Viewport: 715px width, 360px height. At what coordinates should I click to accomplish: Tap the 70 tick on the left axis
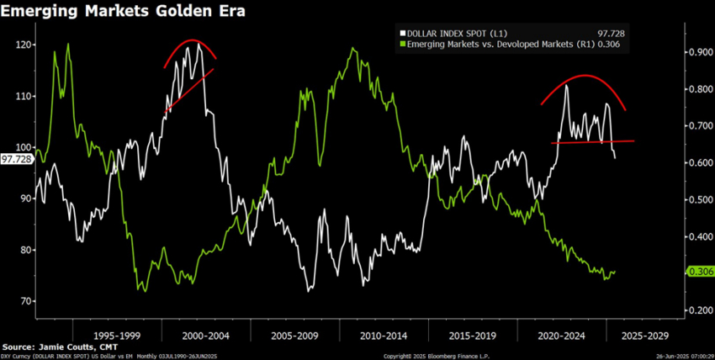click(26, 301)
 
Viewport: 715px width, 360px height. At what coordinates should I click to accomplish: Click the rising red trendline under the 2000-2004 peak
click(188, 90)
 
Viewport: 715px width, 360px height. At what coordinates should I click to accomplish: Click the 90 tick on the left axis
click(26, 199)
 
